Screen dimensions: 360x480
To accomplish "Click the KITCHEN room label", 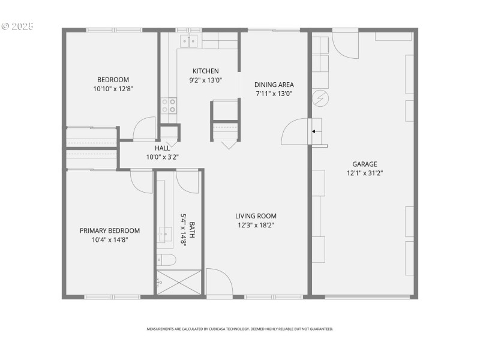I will pos(205,71).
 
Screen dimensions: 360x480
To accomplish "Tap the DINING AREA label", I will pos(274,85).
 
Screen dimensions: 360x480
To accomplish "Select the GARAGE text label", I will pos(364,164).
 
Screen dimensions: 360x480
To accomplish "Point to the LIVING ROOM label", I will pos(256,216).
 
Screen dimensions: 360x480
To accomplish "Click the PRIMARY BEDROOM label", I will pos(110,230).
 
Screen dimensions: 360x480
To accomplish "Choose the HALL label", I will pos(162,148).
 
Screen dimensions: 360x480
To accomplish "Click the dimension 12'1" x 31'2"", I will pos(364,173).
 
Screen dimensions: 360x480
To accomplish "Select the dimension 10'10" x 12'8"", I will pos(113,88).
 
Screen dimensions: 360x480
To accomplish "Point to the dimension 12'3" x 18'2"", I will pos(256,225).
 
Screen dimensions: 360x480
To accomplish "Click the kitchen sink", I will pos(189,41).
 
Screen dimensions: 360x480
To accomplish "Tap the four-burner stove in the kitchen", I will pos(169,106).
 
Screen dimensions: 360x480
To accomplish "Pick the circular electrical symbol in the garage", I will pos(320,97).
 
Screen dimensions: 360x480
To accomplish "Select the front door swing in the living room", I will pos(218,282).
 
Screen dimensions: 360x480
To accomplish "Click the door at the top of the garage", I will pos(344,43).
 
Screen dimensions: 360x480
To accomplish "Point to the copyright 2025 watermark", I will pos(17,26).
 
